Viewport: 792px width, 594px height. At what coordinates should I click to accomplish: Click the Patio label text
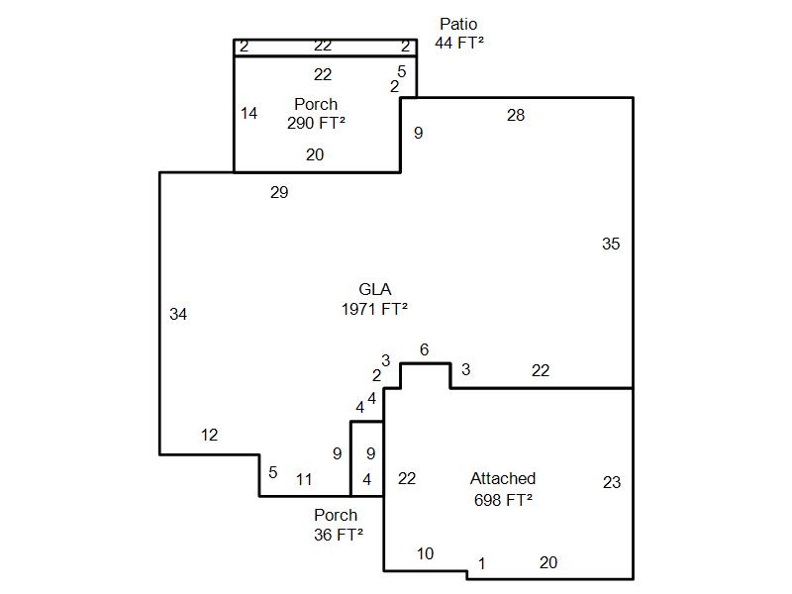[x=458, y=24]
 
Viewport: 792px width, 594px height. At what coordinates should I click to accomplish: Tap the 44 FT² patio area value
[x=458, y=43]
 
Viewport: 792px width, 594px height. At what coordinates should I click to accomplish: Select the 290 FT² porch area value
[x=316, y=123]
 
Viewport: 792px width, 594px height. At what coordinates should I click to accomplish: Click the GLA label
[x=374, y=289]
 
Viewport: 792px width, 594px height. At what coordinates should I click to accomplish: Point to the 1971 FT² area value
[x=374, y=308]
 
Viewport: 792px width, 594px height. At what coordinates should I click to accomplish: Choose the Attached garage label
[x=503, y=479]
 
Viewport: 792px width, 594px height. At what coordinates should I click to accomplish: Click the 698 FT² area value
[x=503, y=499]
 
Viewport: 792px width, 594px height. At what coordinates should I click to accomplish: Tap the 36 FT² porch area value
[x=336, y=534]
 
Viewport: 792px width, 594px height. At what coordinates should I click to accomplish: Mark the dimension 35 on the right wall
[x=611, y=244]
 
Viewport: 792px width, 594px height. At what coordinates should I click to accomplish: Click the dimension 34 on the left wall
[x=178, y=315]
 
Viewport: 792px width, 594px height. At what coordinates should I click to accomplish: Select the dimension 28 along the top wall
[x=516, y=115]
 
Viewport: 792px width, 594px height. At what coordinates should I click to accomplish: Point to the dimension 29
[x=279, y=193]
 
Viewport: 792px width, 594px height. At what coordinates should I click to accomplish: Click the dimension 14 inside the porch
[x=248, y=114]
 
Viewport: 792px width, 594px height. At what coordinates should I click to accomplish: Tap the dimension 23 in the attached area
[x=612, y=482]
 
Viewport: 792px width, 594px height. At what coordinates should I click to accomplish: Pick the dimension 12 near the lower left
[x=209, y=436]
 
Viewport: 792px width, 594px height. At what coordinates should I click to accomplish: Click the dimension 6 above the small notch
[x=424, y=349]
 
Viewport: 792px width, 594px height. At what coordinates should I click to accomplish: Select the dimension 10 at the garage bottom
[x=425, y=553]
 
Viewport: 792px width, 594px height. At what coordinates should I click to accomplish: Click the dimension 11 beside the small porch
[x=304, y=480]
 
